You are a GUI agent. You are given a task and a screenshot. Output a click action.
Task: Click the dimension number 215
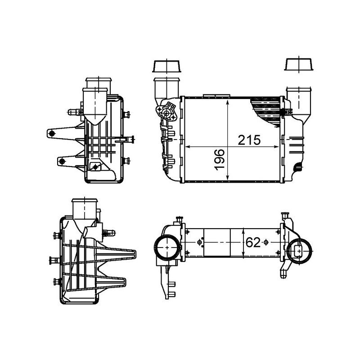(x=249, y=140)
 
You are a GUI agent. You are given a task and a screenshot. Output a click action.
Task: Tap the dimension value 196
(x=219, y=160)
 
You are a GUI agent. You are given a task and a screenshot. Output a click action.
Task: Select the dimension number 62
(x=253, y=242)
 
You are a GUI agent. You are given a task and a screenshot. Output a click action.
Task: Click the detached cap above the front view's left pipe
(x=166, y=66)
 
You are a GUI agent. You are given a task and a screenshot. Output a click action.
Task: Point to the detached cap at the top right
(x=299, y=64)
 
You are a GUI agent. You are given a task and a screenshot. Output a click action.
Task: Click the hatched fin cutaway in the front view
(x=266, y=110)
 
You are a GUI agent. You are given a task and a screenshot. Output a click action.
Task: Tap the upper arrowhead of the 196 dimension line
(x=228, y=102)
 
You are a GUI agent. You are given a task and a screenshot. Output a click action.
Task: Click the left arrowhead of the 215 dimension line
(x=188, y=147)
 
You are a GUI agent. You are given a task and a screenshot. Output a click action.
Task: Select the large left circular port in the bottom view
(x=167, y=247)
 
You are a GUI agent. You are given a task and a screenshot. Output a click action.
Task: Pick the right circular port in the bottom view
(x=299, y=251)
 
